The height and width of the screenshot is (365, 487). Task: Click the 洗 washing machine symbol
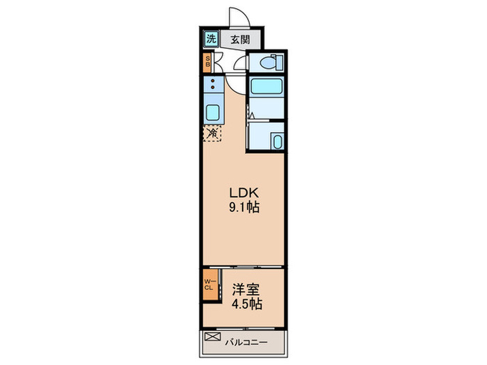pyautogui.click(x=211, y=40)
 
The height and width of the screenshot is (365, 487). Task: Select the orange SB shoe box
pyautogui.click(x=207, y=63)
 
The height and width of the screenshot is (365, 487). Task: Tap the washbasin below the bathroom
pyautogui.click(x=277, y=142)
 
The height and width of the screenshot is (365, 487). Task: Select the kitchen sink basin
pyautogui.click(x=212, y=112)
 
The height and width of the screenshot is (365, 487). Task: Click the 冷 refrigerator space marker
pyautogui.click(x=211, y=132)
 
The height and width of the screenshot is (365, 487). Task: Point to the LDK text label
pyautogui.click(x=243, y=193)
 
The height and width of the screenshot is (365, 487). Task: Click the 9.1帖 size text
pyautogui.click(x=243, y=207)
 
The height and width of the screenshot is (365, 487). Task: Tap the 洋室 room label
pyautogui.click(x=243, y=289)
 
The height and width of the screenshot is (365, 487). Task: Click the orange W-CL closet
pyautogui.click(x=208, y=285)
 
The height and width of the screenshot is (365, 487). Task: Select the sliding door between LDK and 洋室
pyautogui.click(x=243, y=267)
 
